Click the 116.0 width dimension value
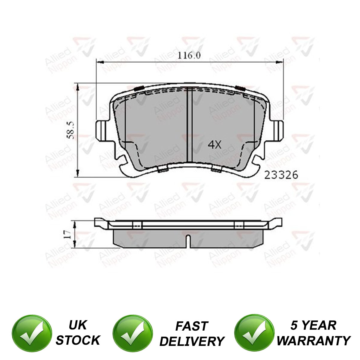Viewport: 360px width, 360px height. (x=189, y=55)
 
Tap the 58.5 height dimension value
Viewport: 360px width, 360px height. (x=71, y=130)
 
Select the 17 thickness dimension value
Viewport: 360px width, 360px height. (x=67, y=234)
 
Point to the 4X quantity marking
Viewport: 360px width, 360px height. (x=215, y=145)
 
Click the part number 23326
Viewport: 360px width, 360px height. (x=281, y=175)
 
